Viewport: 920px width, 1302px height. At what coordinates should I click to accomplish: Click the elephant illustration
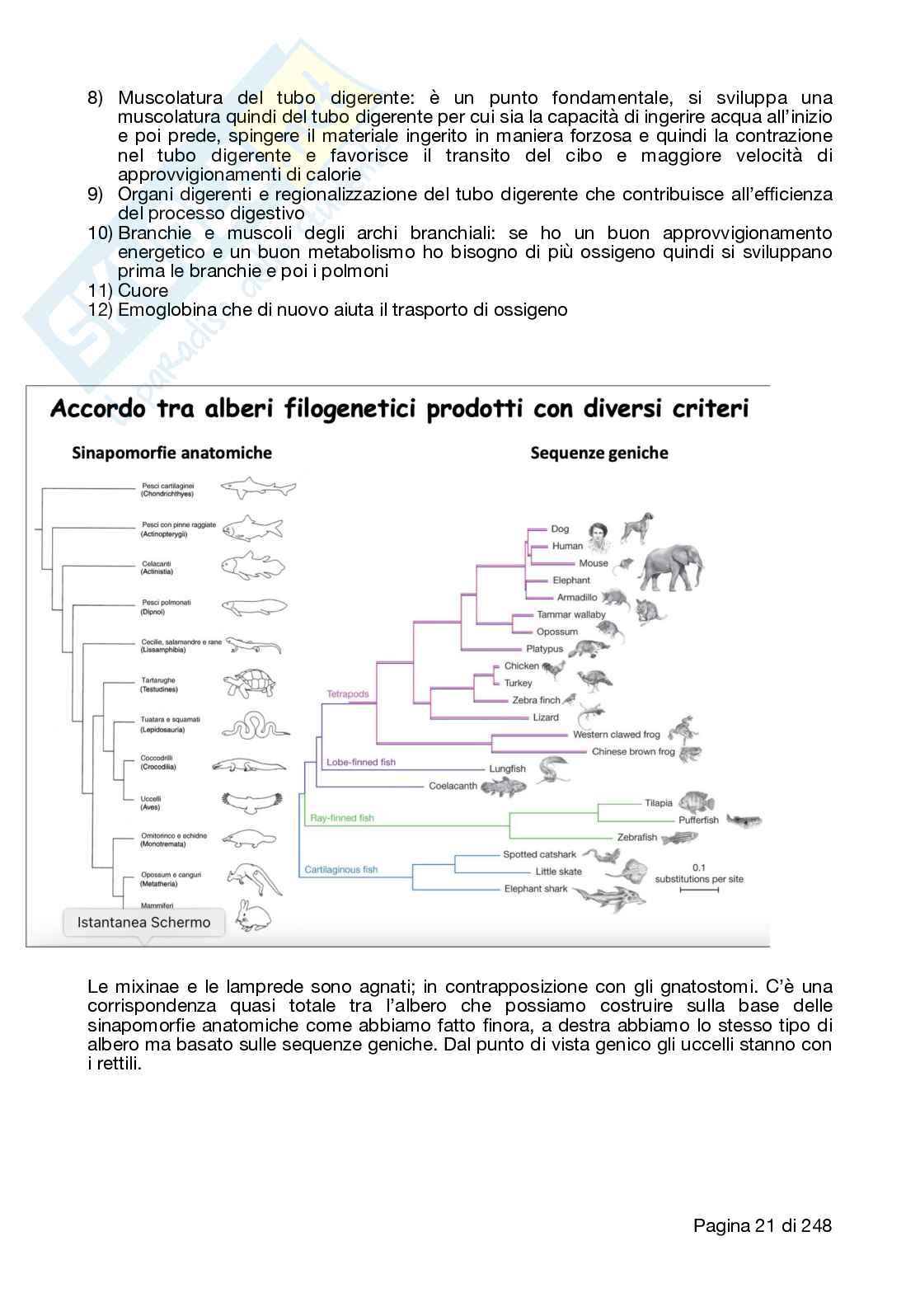coord(673,566)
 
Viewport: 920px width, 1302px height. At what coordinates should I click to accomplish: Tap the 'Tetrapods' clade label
coord(348,693)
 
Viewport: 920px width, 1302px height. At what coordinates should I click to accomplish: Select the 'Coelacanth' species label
coord(453,786)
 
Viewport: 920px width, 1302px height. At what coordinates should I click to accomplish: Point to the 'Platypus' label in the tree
coord(545,649)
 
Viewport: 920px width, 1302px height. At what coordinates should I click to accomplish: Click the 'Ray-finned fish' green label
coord(341,818)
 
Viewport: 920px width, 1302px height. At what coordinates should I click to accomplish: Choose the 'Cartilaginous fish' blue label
coord(341,869)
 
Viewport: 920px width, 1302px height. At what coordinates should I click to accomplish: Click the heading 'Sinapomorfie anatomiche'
coord(171,453)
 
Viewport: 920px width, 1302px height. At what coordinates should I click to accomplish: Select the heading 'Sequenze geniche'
coord(599,453)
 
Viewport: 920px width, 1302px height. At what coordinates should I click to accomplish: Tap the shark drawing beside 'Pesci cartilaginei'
coord(258,487)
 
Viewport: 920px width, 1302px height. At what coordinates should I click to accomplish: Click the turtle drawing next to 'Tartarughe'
coord(251,684)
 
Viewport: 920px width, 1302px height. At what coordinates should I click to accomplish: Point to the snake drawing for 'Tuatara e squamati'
coord(256,725)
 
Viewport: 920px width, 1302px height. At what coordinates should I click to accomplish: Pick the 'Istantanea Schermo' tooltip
coord(143,922)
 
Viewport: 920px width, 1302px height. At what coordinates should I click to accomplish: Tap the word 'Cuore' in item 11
coord(143,290)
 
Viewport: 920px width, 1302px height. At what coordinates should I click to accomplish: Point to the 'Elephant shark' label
coord(536,889)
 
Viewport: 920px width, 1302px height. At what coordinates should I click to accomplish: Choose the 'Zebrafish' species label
coord(637,837)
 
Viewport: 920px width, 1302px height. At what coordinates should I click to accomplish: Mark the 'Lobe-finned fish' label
coord(361,762)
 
